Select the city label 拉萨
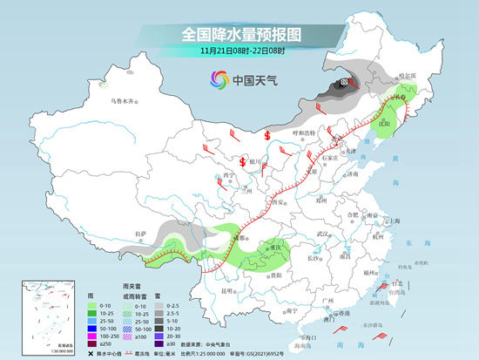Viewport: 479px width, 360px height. point(142,234)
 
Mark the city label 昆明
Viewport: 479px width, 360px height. point(228,289)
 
